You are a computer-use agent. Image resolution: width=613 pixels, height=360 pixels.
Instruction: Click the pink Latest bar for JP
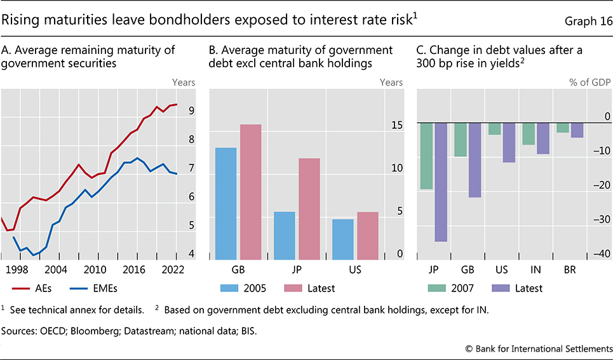tap(309, 208)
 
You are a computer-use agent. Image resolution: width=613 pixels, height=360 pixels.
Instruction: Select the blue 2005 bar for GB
tap(226, 203)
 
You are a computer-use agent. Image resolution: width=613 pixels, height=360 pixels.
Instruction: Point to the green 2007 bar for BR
tap(563, 127)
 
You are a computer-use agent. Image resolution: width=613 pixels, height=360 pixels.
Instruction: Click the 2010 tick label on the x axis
tap(95, 269)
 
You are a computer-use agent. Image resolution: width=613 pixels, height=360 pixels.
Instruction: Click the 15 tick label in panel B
tap(396, 126)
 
